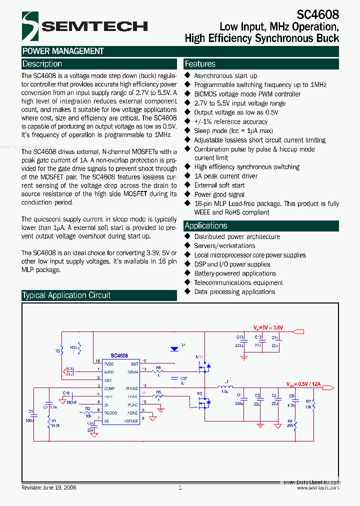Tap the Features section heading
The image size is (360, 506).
click(200, 64)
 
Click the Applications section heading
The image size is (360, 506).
click(205, 225)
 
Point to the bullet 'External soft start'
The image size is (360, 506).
click(219, 185)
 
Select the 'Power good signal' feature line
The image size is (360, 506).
click(219, 194)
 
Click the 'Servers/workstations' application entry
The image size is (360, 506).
click(224, 245)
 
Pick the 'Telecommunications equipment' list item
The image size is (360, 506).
click(238, 282)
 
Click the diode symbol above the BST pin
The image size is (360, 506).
click(174, 349)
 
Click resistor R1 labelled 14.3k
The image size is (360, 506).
click(49, 424)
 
